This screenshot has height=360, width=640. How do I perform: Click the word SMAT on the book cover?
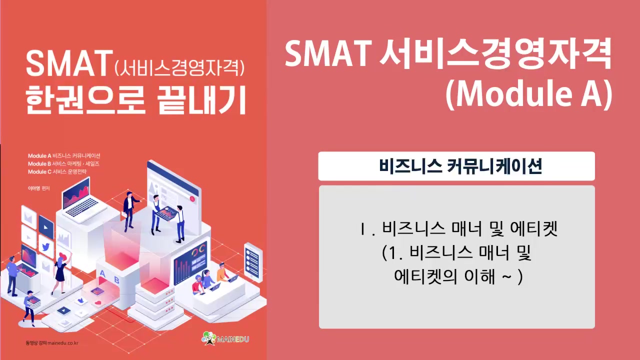pyautogui.click(x=67, y=63)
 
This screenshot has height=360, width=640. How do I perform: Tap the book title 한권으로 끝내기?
pyautogui.click(x=136, y=99)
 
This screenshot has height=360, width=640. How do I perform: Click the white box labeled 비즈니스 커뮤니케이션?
pyautogui.click(x=456, y=166)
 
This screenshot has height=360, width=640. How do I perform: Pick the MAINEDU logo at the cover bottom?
pyautogui.click(x=225, y=339)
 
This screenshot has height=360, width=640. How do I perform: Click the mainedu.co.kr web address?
pyautogui.click(x=51, y=343)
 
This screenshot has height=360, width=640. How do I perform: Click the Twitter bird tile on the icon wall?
pyautogui.click(x=46, y=246)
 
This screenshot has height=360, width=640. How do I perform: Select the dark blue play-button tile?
pyautogui.click(x=46, y=227)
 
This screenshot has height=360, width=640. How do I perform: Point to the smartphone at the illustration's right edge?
pyautogui.click(x=253, y=261)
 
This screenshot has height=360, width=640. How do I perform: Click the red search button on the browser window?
pyautogui.click(x=191, y=198)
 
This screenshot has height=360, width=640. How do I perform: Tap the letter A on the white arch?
pyautogui.click(x=102, y=272)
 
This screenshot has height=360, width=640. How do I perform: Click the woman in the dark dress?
pyautogui.click(x=60, y=273)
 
